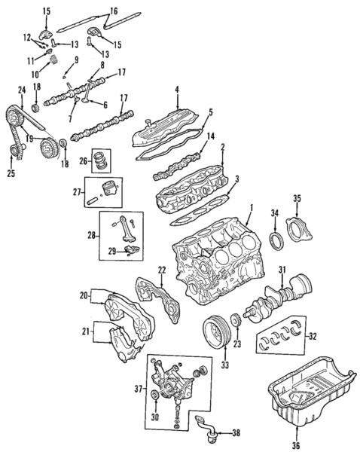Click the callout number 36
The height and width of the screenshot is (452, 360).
[295, 445]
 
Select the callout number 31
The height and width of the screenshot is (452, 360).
[281, 270]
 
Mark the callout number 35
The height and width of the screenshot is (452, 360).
[297, 198]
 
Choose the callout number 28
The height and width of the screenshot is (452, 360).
[91, 236]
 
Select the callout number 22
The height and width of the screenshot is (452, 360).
[161, 270]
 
